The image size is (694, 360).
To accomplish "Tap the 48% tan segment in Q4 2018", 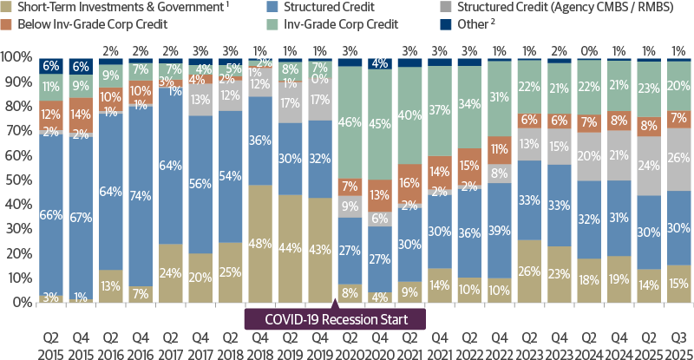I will point(262,243).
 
